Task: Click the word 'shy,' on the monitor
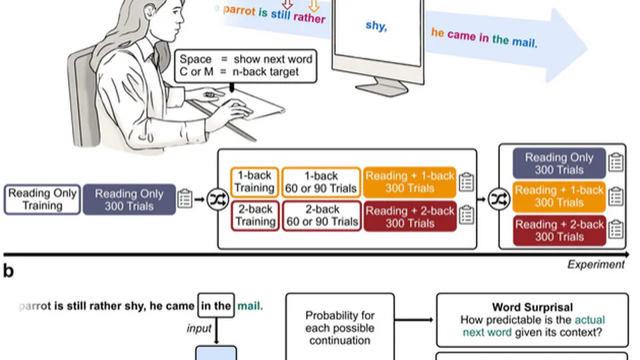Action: [x=376, y=27]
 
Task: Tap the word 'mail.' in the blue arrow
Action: [x=525, y=41]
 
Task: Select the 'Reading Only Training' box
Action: [x=42, y=199]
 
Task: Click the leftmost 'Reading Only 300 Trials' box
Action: [x=129, y=199]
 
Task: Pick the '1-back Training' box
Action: [x=255, y=182]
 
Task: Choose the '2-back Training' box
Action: [x=255, y=215]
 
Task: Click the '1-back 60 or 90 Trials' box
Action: [x=321, y=182]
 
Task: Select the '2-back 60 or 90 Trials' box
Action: [x=321, y=215]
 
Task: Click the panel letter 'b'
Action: [x=9, y=271]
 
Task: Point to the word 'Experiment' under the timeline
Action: [x=596, y=265]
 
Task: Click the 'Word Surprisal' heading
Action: [x=532, y=307]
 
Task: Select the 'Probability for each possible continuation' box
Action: [x=340, y=327]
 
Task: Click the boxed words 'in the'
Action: [x=216, y=307]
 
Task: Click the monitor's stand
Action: [x=381, y=85]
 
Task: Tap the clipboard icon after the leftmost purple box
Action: [x=185, y=199]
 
